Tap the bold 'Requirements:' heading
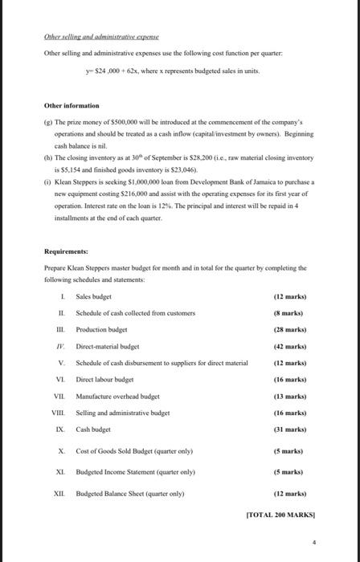pos(67,250)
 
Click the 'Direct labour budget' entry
pos(104,379)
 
